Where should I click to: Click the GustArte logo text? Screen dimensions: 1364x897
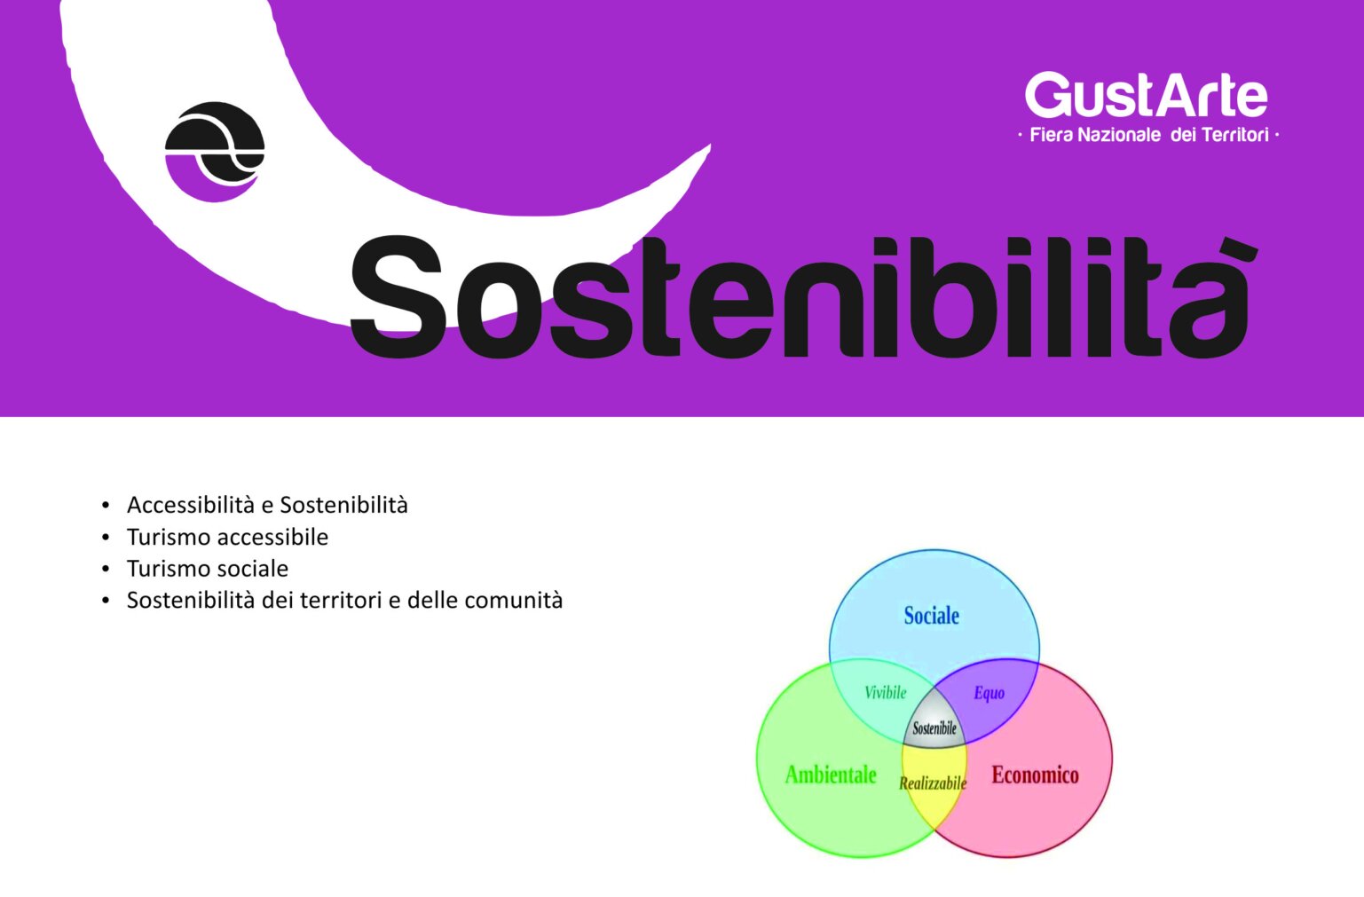coord(1147,94)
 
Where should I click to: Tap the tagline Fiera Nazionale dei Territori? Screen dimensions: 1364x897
coord(1148,135)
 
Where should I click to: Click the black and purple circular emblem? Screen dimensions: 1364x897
coord(215,152)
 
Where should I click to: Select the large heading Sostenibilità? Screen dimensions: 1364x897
coord(804,297)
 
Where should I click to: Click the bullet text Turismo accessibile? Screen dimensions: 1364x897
coord(227,537)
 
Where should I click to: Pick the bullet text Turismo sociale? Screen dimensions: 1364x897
coord(207,569)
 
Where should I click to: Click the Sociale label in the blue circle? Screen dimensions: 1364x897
coord(931,616)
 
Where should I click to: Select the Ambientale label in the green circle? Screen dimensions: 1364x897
coord(831,775)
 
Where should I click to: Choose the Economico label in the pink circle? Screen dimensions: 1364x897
coord(1035,775)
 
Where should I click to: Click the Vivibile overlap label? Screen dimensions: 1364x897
coord(886,692)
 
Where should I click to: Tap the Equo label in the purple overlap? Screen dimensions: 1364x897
coord(989,693)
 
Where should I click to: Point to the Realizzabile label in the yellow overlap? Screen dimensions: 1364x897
coord(933,783)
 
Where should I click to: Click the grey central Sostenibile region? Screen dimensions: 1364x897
coord(934,726)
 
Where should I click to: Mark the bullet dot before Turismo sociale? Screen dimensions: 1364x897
coord(106,570)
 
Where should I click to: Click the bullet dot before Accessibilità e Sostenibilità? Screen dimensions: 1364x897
coord(106,506)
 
